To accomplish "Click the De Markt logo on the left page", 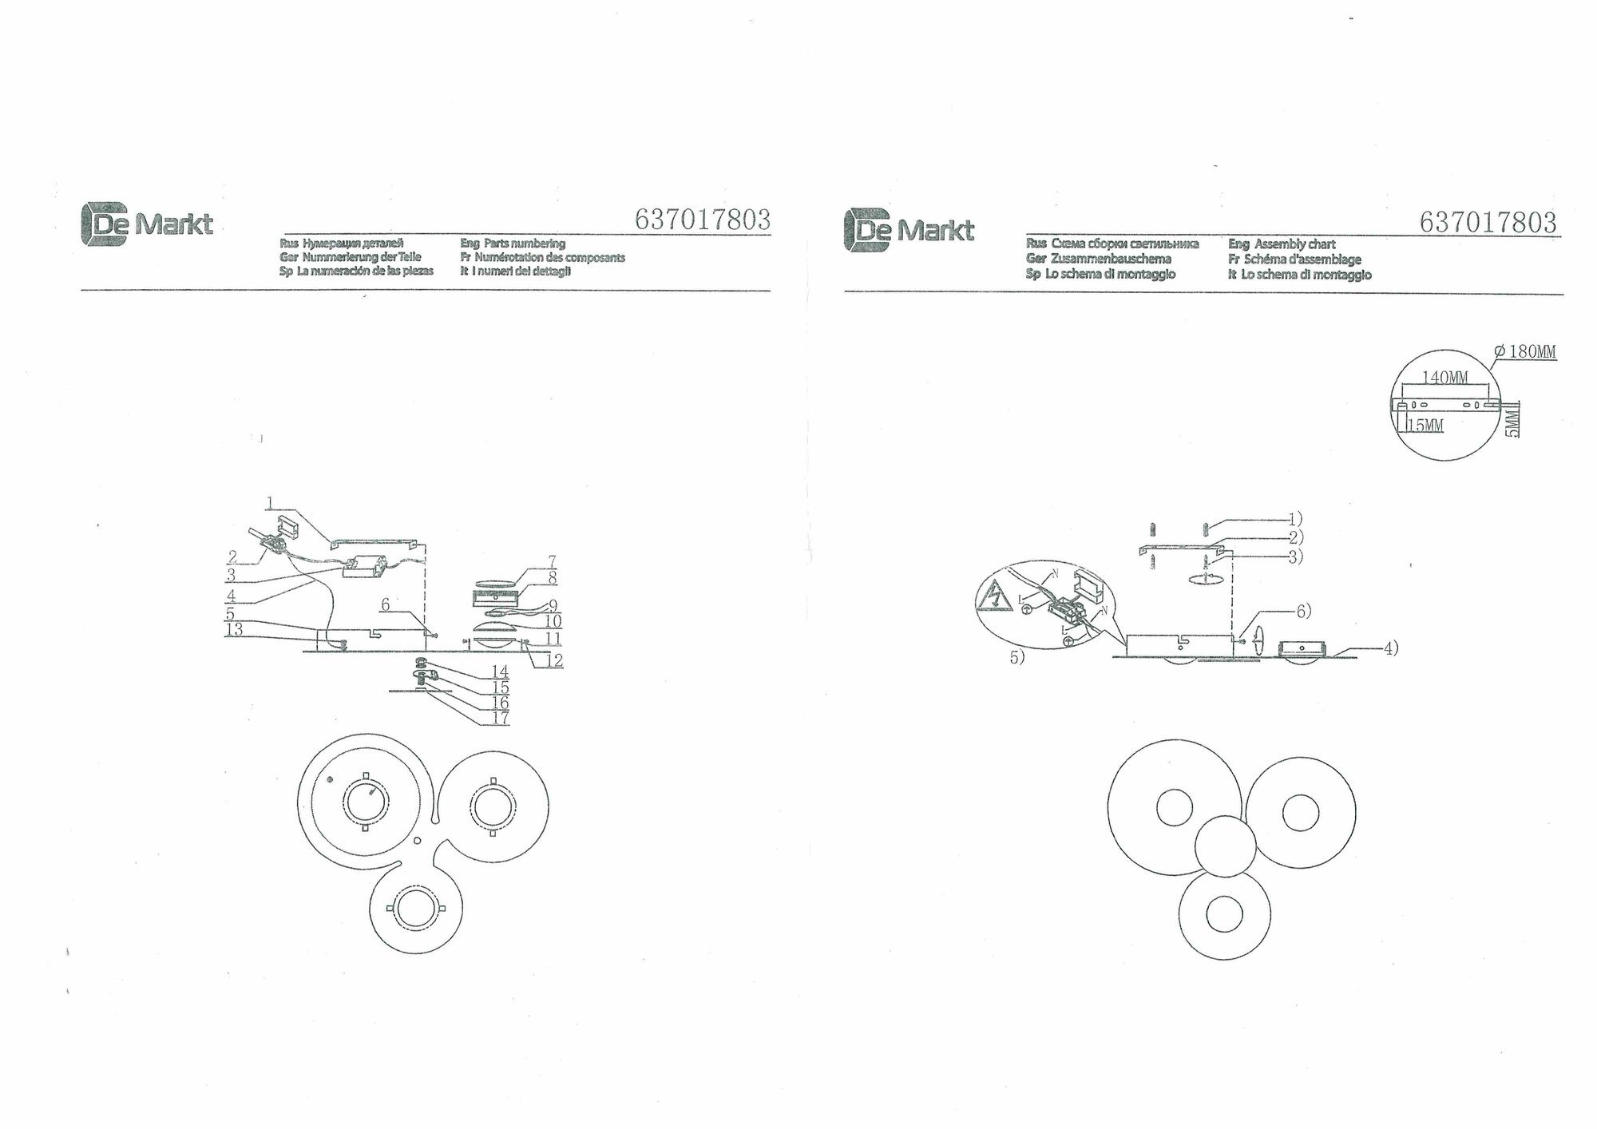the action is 146,224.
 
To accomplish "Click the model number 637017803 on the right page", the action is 1488,221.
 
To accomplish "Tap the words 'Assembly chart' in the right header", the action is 1294,244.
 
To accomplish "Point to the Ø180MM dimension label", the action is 1524,352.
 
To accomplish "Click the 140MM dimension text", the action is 1446,378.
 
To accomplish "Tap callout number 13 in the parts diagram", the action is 234,630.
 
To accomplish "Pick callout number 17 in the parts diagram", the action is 500,718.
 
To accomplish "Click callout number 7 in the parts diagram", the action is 552,561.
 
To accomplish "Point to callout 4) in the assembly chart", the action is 1390,648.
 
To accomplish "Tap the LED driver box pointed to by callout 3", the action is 364,566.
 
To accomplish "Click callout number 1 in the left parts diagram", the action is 271,502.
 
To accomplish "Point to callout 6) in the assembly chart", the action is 1303,612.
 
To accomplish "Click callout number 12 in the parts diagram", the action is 554,660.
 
